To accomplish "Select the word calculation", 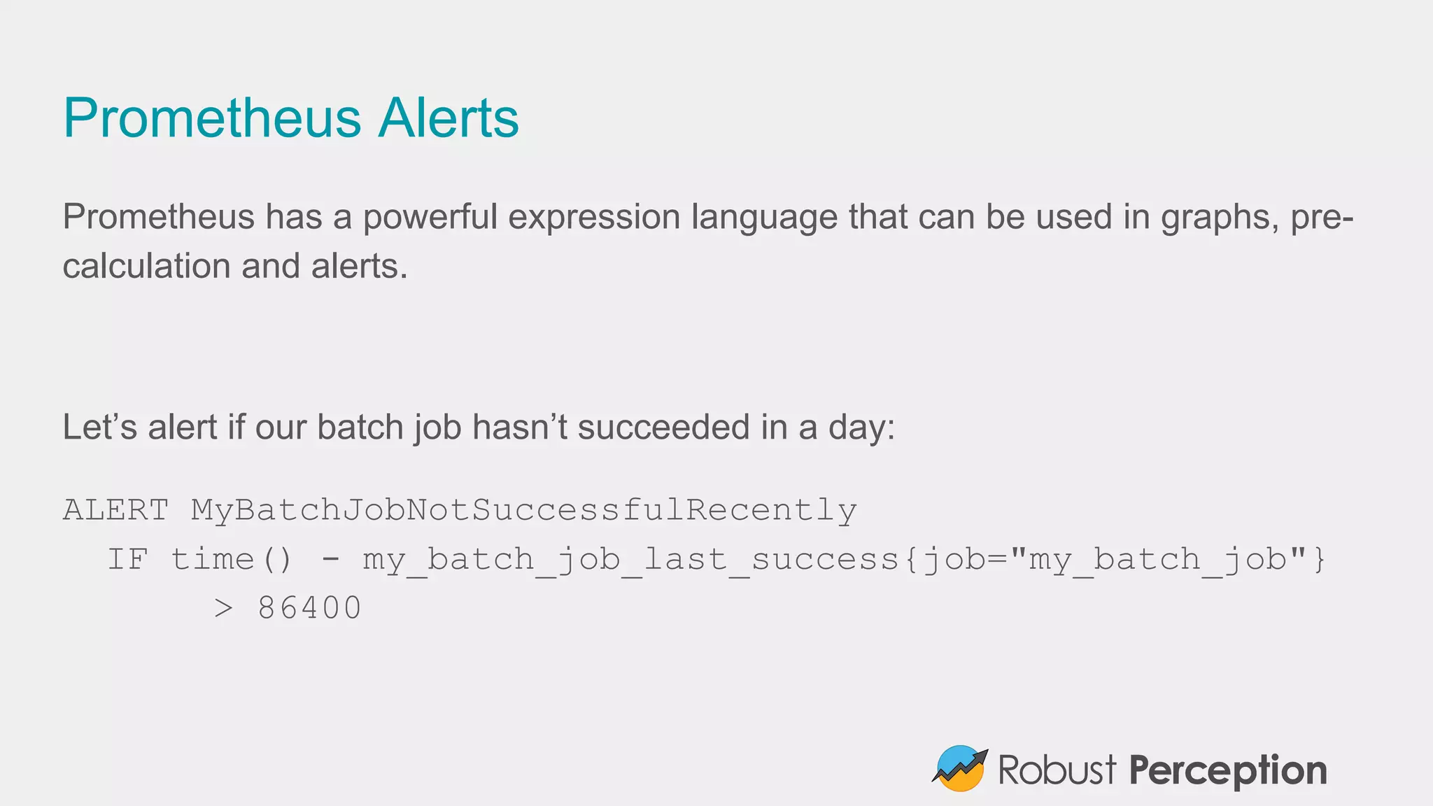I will click(146, 267).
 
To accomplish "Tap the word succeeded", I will click(663, 427).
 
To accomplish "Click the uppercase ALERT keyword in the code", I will click(116, 510).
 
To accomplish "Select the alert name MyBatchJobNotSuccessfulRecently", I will click(523, 510).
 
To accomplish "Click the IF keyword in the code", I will click(128, 559).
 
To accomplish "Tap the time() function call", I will click(232, 559).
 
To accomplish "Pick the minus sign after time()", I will click(330, 559).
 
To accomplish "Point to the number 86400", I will click(309, 608).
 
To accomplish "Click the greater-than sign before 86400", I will click(223, 608).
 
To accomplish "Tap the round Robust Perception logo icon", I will click(959, 768).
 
